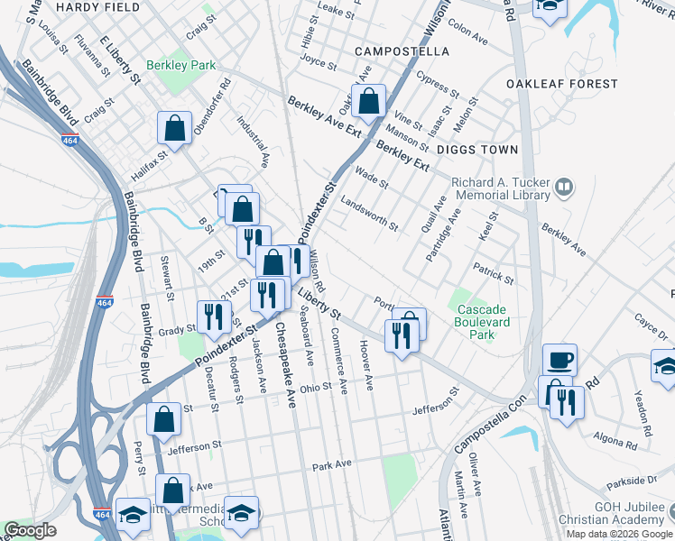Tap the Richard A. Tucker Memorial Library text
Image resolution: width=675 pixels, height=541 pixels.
[501, 188]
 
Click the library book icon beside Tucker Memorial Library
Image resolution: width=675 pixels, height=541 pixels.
[564, 188]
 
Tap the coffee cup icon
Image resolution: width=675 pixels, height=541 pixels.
[559, 359]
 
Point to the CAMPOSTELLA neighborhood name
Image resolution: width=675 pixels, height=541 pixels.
[402, 51]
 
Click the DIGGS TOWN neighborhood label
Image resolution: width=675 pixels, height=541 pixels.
[477, 150]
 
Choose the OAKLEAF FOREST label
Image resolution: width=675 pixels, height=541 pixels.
[561, 84]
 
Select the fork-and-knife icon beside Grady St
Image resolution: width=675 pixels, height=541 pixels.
[213, 316]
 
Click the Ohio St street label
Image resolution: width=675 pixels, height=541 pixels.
[316, 388]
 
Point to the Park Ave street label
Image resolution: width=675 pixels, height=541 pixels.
[330, 467]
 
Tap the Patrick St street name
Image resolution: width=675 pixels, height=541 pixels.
[493, 274]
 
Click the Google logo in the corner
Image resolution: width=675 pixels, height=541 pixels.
[30, 530]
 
